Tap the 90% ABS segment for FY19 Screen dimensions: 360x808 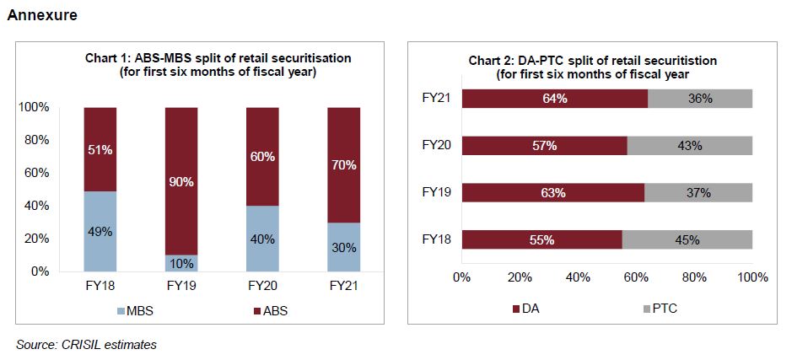[x=180, y=181]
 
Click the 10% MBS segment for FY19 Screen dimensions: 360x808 [x=180, y=263]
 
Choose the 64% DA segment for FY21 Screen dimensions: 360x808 [x=554, y=99]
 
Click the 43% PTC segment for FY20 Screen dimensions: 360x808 [x=690, y=146]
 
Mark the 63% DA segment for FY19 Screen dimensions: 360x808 [x=553, y=193]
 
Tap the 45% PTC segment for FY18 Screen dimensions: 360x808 [x=687, y=239]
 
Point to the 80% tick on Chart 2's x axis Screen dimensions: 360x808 [x=694, y=277]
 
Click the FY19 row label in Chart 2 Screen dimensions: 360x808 [x=437, y=192]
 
